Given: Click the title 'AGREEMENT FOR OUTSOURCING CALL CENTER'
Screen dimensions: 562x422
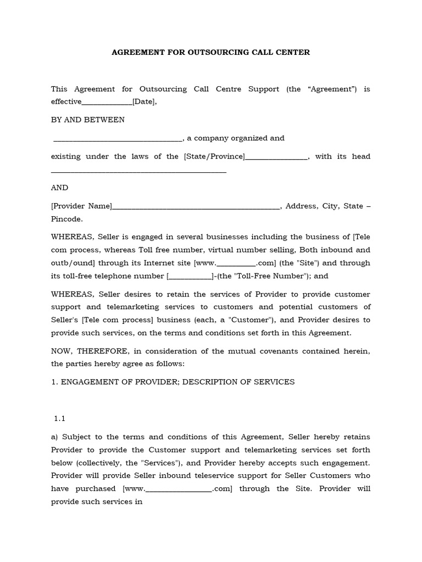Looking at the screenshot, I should pyautogui.click(x=211, y=53).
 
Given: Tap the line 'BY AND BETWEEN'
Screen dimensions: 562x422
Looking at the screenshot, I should pyautogui.click(x=88, y=120).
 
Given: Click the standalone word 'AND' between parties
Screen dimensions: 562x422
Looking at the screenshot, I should pyautogui.click(x=60, y=188).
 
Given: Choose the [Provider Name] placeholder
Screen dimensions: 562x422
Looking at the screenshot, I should pyautogui.click(x=81, y=206).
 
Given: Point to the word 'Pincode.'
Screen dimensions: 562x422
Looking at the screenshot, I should pyautogui.click(x=67, y=219).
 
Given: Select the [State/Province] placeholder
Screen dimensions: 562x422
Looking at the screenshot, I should pyautogui.click(x=214, y=156).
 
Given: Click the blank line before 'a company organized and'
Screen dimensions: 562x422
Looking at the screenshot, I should pyautogui.click(x=118, y=138).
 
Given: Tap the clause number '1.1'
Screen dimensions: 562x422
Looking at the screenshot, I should pyautogui.click(x=60, y=418).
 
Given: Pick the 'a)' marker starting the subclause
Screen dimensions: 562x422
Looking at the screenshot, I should pyautogui.click(x=55, y=437).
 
